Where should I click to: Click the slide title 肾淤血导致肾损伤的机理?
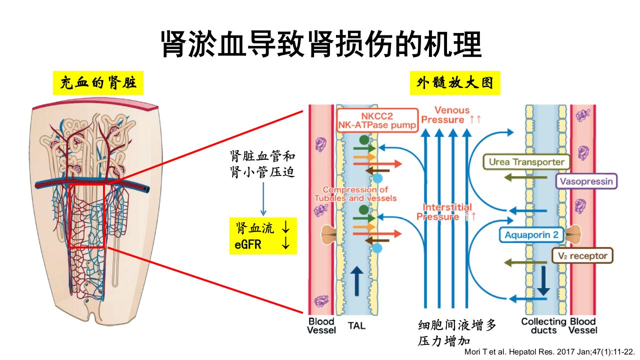point(321,44)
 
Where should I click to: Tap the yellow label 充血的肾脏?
point(98,83)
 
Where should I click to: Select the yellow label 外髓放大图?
point(455,83)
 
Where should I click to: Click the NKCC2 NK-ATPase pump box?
point(377,120)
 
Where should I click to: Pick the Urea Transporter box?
point(526,162)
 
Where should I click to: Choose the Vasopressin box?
point(586,181)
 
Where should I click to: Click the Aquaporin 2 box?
point(531,235)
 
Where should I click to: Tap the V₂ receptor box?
point(582,255)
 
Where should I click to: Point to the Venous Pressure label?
point(451,115)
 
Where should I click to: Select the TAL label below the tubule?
point(356,325)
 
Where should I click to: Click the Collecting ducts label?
point(543,325)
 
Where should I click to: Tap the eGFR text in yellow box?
point(247,245)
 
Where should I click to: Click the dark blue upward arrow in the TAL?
point(356,281)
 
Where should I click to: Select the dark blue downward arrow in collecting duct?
point(543,281)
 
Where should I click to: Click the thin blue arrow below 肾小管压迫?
point(263,199)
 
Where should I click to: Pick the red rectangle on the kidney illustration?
point(69,215)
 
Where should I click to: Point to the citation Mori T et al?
point(549,351)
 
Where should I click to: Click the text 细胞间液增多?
point(457,325)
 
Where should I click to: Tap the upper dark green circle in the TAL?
point(364,140)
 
